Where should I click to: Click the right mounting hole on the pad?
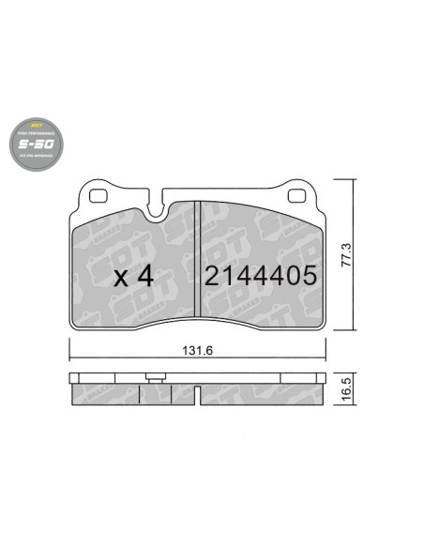(x=296, y=197)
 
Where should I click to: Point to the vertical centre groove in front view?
(x=197, y=267)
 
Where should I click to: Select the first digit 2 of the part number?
(x=212, y=276)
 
